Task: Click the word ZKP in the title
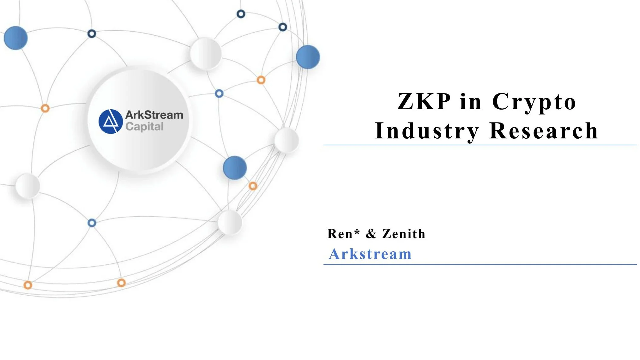pyautogui.click(x=424, y=102)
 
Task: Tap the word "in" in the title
pyautogui.click(x=471, y=102)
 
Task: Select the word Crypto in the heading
pyautogui.click(x=534, y=102)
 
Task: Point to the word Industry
pyautogui.click(x=427, y=131)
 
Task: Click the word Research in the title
pyautogui.click(x=544, y=130)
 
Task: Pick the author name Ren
pyautogui.click(x=340, y=234)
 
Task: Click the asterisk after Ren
pyautogui.click(x=357, y=232)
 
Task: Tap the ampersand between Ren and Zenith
pyautogui.click(x=371, y=234)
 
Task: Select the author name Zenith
pyautogui.click(x=404, y=234)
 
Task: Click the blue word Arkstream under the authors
pyautogui.click(x=370, y=254)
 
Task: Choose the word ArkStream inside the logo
pyautogui.click(x=154, y=115)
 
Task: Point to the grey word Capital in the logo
pyautogui.click(x=144, y=127)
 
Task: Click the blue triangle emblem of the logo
pyautogui.click(x=111, y=122)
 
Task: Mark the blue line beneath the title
pyautogui.click(x=480, y=145)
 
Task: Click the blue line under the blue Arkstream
pyautogui.click(x=480, y=264)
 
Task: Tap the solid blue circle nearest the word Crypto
pyautogui.click(x=308, y=57)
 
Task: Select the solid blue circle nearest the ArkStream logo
pyautogui.click(x=235, y=168)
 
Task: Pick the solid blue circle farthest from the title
pyautogui.click(x=15, y=38)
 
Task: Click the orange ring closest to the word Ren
pyautogui.click(x=253, y=186)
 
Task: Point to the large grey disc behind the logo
pyautogui.click(x=139, y=152)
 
